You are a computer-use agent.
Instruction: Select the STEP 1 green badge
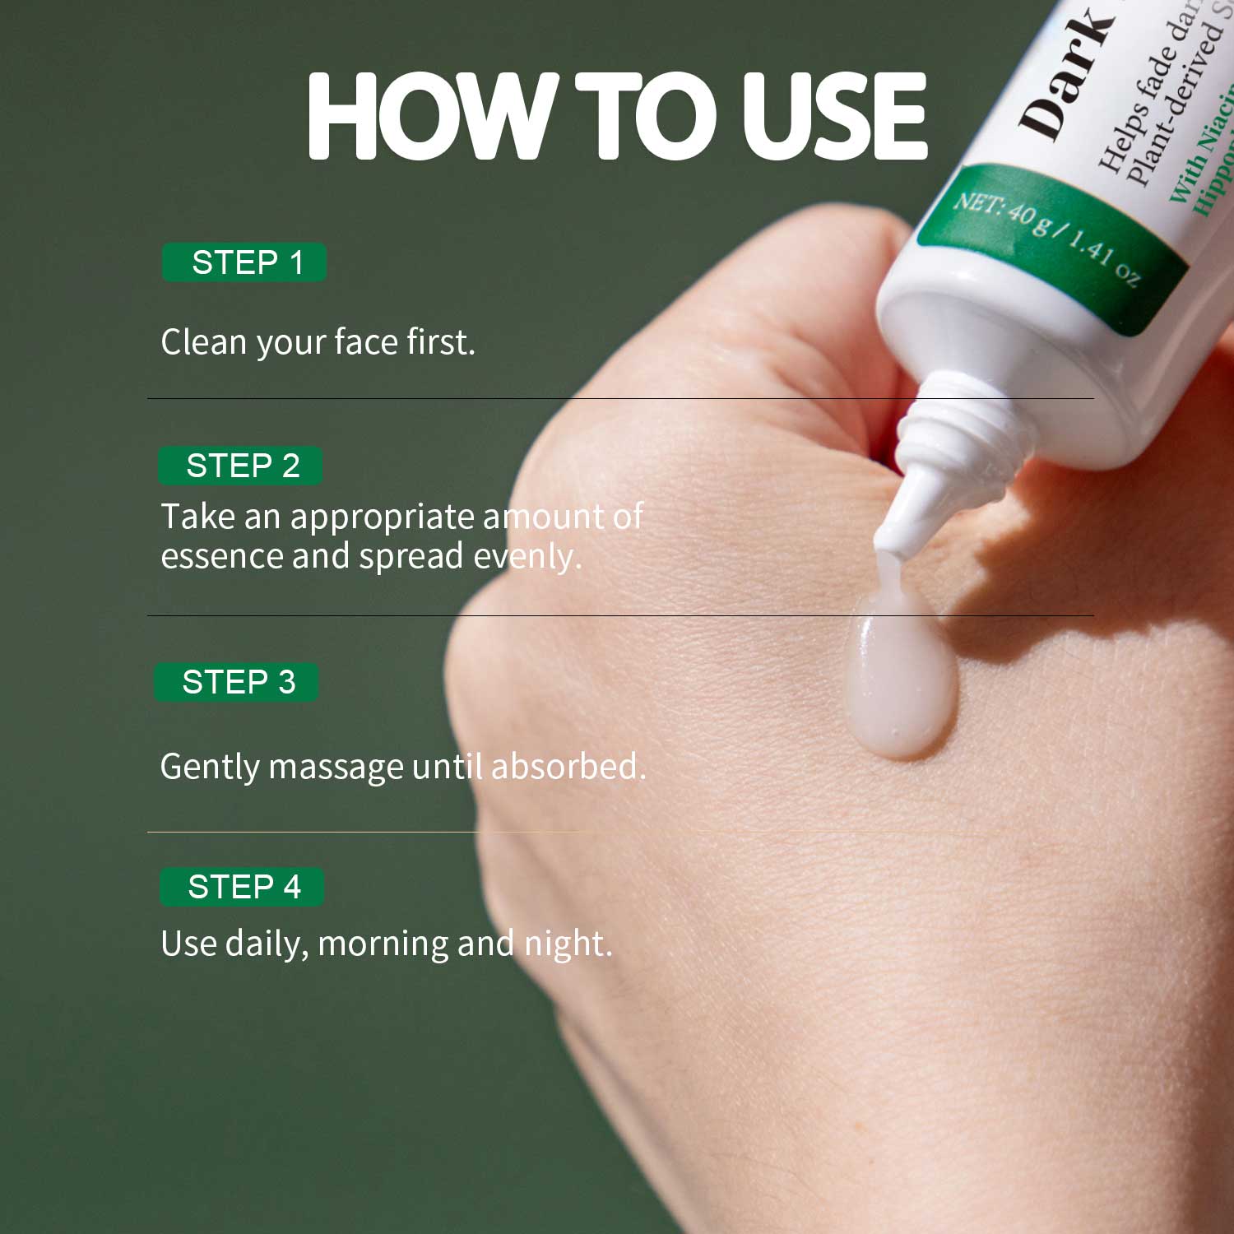244,262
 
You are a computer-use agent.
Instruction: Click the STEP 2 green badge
240,466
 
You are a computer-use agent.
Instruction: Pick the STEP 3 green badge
237,682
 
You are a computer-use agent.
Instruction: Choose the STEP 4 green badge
242,887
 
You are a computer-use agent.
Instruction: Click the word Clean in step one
203,341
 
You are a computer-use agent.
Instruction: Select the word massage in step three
336,768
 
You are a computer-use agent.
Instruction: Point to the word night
568,944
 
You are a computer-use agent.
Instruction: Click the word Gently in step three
209,768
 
